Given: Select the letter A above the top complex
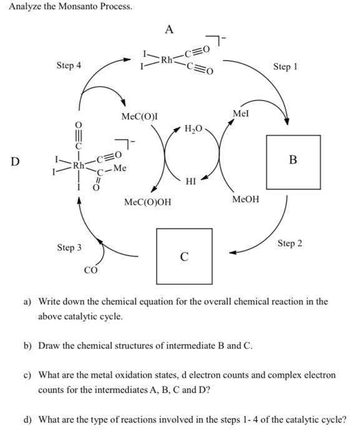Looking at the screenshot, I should click(169, 29).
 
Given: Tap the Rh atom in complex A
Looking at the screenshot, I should click(167, 61).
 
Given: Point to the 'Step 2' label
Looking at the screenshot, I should click(289, 243).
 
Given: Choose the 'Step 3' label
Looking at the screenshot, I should click(69, 248).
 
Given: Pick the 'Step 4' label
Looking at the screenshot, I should click(69, 66).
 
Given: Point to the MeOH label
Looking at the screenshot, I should click(246, 199).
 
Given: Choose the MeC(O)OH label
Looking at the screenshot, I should click(147, 203).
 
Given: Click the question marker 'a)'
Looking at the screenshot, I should click(28, 302).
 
